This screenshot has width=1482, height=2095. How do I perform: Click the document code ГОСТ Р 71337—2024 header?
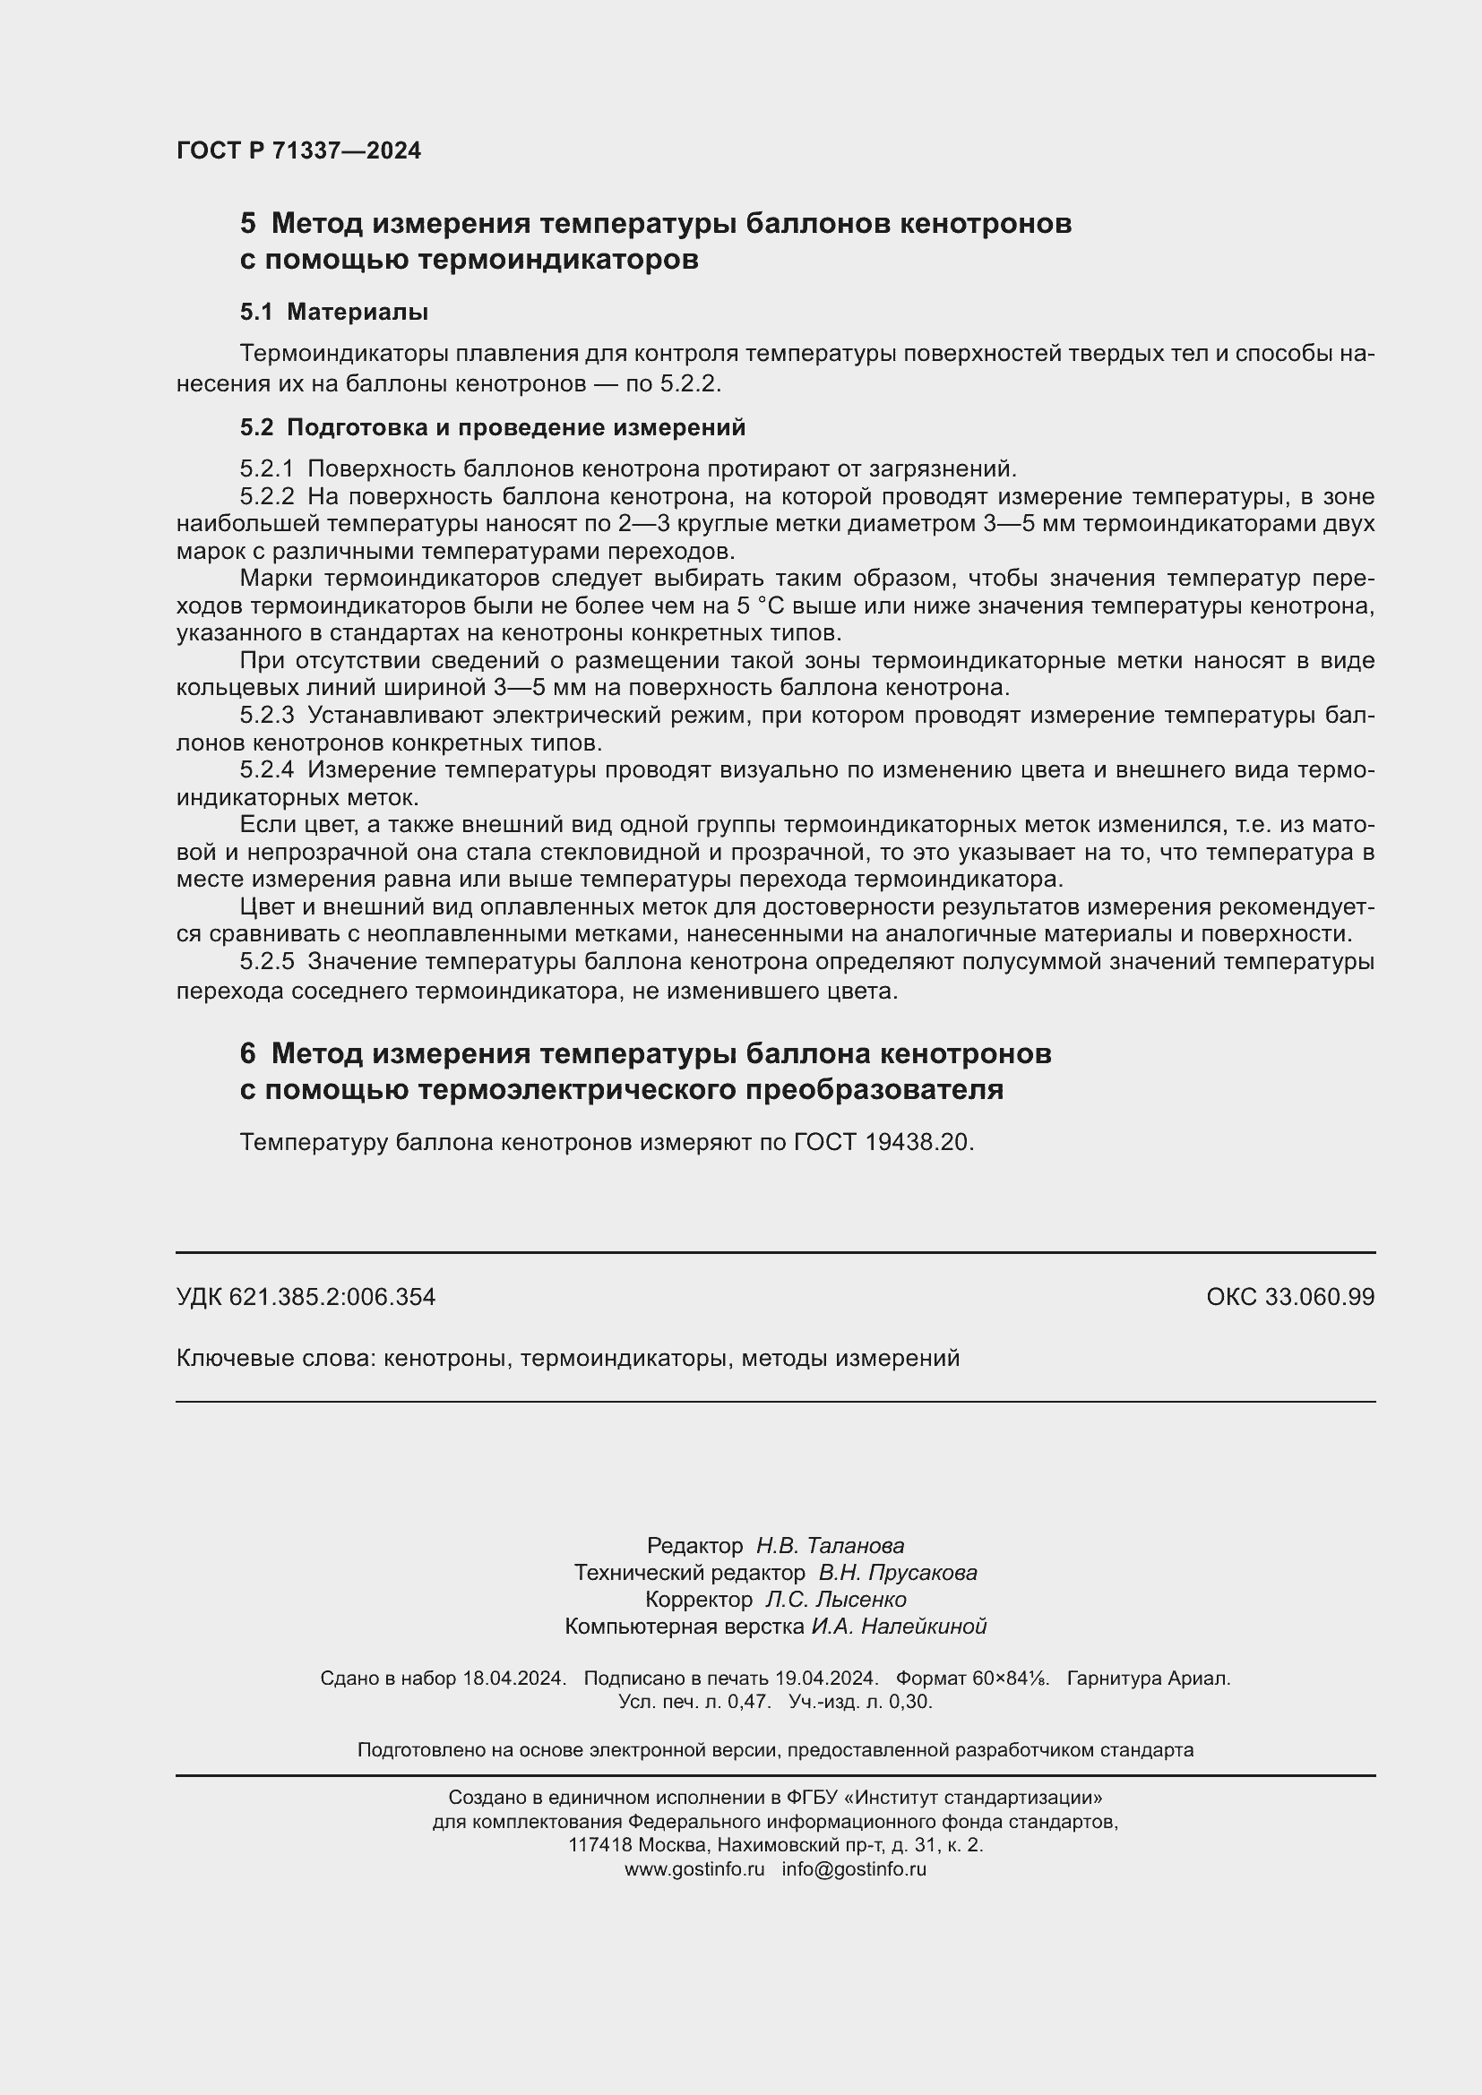tap(298, 150)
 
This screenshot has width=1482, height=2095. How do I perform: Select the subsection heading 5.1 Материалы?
tap(334, 312)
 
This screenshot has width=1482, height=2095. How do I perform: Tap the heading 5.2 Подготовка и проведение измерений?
tap(493, 427)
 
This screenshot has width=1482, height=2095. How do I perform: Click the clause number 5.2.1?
tap(266, 469)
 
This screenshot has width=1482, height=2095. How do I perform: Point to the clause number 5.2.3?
tap(266, 716)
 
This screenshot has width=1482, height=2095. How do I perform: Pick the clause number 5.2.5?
tap(266, 962)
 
